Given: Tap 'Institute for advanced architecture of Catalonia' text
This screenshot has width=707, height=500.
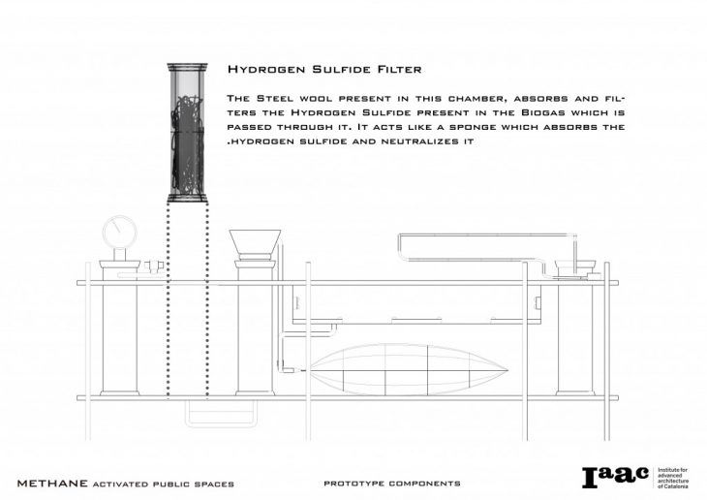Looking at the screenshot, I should pyautogui.click(x=675, y=478).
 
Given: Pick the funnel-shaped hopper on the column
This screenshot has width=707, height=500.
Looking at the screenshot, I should pyautogui.click(x=256, y=241).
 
